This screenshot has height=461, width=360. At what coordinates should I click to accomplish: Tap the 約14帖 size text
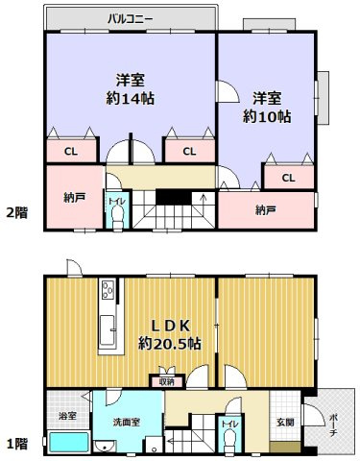click(x=130, y=98)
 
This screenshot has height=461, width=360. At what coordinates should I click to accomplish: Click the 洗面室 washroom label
click(x=122, y=422)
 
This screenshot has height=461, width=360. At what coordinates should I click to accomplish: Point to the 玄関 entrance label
click(x=286, y=422)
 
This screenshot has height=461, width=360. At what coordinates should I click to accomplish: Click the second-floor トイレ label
click(x=115, y=203)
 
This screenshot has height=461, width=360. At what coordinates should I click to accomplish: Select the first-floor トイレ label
click(x=228, y=424)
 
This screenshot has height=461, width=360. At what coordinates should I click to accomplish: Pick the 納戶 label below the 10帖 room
click(x=267, y=209)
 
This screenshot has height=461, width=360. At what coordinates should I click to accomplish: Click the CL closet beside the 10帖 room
click(x=288, y=178)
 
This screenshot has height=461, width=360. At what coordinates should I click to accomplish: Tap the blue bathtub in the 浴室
click(x=68, y=443)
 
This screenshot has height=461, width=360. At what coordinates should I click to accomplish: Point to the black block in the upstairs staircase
click(x=174, y=197)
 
